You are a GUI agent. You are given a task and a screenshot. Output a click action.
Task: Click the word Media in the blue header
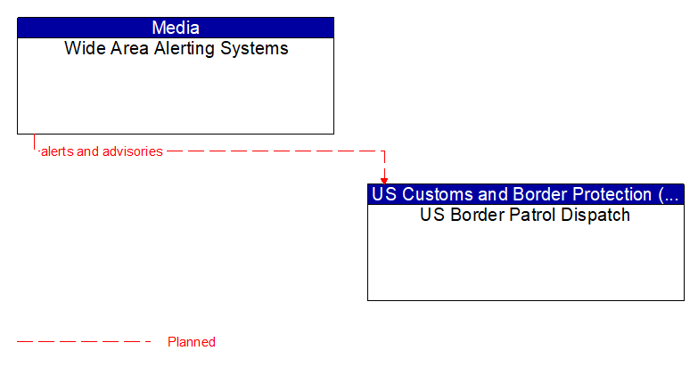click(x=176, y=28)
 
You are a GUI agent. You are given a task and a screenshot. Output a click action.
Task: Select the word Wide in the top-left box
click(x=83, y=49)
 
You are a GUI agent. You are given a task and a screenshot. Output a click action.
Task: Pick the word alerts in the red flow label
click(x=57, y=151)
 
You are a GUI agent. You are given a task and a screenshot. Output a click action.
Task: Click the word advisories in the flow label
click(x=133, y=151)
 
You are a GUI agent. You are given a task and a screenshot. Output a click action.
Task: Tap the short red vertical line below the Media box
click(x=34, y=143)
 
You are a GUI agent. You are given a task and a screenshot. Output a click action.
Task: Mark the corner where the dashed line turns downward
click(x=384, y=151)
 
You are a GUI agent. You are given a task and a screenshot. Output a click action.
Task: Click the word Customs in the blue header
click(x=431, y=194)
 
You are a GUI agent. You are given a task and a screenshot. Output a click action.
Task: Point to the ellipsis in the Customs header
click(x=673, y=194)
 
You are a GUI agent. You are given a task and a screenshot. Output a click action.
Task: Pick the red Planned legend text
click(x=191, y=342)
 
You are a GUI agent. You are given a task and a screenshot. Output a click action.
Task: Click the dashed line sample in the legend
click(x=85, y=342)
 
